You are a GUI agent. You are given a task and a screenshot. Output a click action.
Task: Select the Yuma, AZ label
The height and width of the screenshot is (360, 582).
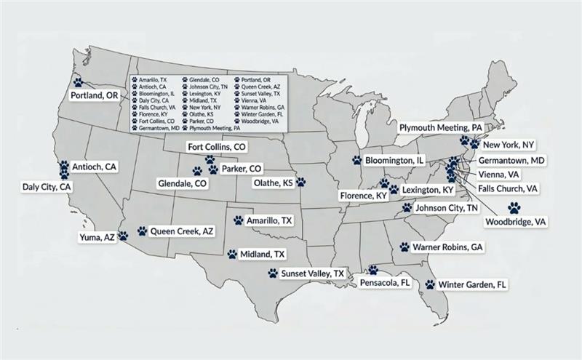97,237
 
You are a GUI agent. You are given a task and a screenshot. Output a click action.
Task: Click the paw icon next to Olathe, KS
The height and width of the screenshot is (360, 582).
300,182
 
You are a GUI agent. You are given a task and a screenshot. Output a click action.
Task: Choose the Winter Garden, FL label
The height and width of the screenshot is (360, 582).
472,284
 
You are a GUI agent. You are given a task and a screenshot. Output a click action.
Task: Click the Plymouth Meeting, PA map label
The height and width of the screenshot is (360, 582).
441,127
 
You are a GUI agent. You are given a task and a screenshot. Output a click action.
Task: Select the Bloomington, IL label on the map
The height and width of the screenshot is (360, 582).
394,159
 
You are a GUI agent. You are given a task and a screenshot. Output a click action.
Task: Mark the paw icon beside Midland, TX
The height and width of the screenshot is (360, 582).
232,255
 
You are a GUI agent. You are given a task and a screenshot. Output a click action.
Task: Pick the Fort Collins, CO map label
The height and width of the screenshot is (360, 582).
217,147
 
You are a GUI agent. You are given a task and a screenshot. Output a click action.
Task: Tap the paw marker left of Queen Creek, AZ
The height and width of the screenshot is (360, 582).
142,230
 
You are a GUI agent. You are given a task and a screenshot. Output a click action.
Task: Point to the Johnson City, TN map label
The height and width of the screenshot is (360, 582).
447,208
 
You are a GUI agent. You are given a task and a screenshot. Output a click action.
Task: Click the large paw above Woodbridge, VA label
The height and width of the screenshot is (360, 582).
514,207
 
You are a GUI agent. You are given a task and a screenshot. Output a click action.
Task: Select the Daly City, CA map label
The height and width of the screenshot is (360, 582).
46,187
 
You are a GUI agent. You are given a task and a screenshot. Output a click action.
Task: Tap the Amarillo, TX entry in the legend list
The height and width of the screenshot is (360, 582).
153,78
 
